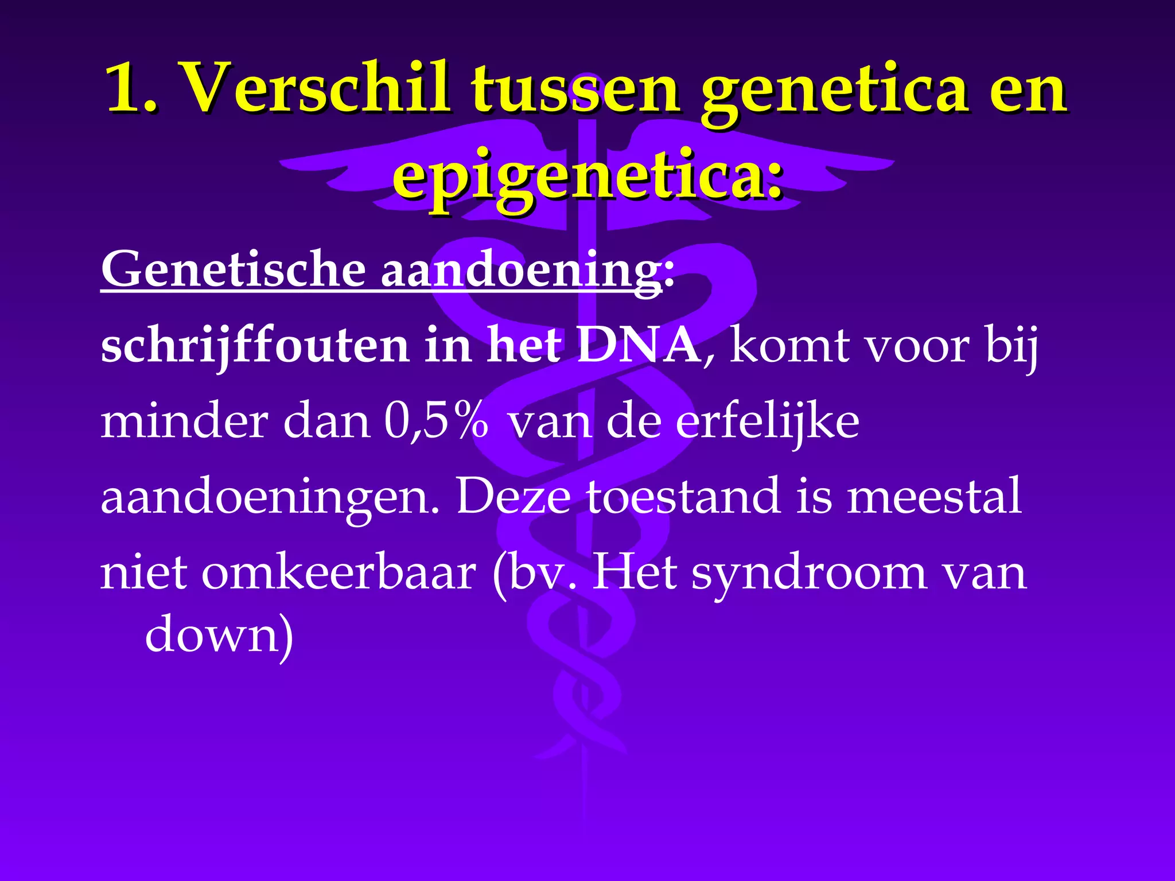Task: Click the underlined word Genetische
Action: click(x=233, y=269)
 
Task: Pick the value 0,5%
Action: click(x=436, y=422)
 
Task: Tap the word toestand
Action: click(x=683, y=496)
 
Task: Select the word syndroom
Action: click(x=809, y=574)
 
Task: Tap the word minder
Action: click(x=184, y=422)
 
